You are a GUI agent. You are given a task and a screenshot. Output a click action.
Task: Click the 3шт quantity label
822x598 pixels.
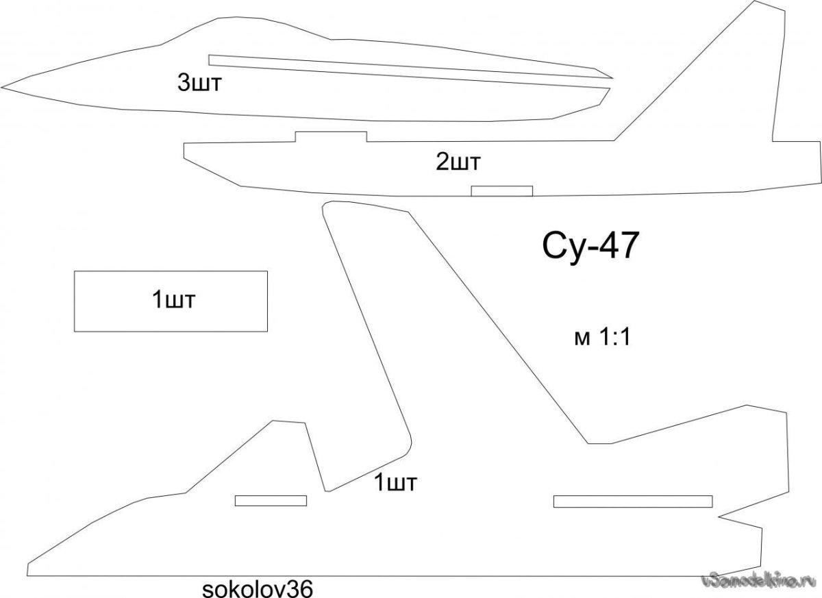pos(201,84)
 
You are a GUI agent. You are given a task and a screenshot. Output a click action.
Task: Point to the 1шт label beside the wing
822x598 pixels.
pos(396,482)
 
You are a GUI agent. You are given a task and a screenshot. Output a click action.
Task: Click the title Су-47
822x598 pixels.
pos(591,247)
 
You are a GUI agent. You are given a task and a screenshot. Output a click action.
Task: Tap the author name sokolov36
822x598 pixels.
pos(258,588)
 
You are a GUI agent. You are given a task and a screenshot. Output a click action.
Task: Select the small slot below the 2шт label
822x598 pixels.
pos(501,190)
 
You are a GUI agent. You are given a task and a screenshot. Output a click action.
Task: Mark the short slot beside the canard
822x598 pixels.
pos(271,501)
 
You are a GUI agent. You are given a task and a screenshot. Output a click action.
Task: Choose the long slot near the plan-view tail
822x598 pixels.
pos(633,501)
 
